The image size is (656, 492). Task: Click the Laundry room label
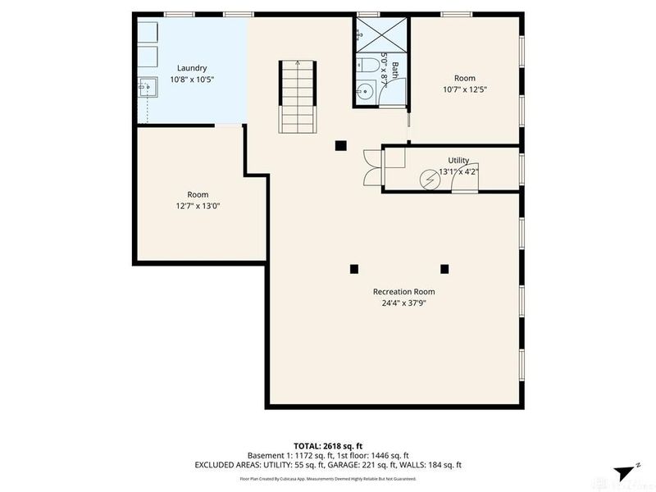[192, 68]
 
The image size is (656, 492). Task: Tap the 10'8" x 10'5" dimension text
[192, 80]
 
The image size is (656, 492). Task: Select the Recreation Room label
[403, 291]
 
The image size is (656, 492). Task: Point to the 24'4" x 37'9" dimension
[403, 303]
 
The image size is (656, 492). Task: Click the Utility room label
[458, 160]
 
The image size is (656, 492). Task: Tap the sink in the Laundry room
[147, 84]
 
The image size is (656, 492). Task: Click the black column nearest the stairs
[340, 146]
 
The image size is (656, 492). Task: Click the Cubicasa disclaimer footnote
[328, 477]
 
